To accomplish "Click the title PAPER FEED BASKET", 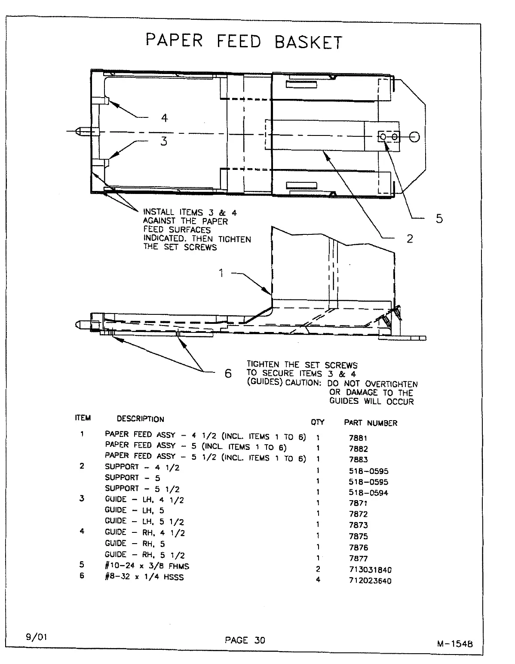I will click(244, 41).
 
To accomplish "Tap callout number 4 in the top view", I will click(164, 118).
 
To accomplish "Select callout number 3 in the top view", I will click(164, 141).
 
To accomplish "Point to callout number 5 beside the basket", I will click(439, 218).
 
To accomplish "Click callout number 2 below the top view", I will click(410, 238).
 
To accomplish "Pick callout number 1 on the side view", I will click(221, 273).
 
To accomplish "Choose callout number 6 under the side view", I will click(228, 373).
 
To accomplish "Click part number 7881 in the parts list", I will click(358, 438).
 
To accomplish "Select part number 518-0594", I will click(368, 493).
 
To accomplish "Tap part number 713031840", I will click(370, 570).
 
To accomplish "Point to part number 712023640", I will click(370, 581).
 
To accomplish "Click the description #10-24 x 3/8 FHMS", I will click(147, 566).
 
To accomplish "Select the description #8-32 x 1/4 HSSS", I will click(144, 577).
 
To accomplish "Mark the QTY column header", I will click(317, 422).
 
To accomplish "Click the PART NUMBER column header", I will click(371, 423).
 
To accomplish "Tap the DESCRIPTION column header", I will click(140, 419).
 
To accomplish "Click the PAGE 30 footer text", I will click(245, 640).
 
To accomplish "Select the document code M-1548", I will click(454, 644).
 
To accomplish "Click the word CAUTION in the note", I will click(303, 383).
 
